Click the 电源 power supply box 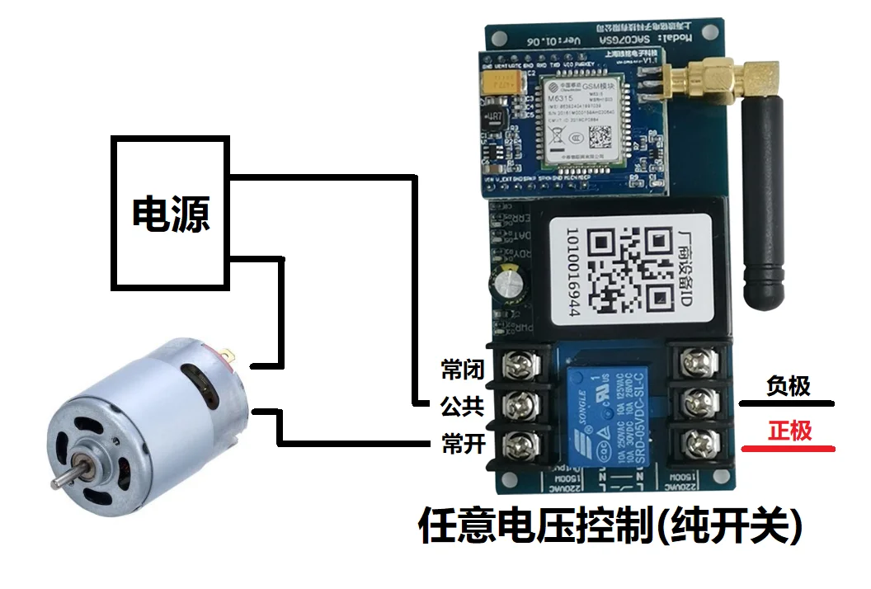click(x=171, y=213)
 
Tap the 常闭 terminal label click(x=462, y=370)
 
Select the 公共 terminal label click(x=462, y=407)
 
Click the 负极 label click(x=789, y=386)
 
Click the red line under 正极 click(x=789, y=450)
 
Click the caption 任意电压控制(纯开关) click(x=610, y=525)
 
